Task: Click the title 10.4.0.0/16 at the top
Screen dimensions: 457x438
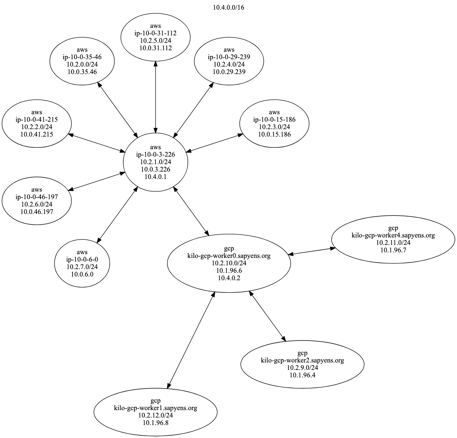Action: tap(228, 7)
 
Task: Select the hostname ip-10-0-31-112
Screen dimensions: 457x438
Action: tap(156, 33)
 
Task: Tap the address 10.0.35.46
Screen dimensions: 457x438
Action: tap(82, 71)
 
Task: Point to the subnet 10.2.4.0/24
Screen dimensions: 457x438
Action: tap(229, 64)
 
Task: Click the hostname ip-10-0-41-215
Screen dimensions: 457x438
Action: tap(36, 119)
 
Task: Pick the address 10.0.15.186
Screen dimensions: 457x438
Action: tap(274, 134)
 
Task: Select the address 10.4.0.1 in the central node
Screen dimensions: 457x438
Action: tap(156, 177)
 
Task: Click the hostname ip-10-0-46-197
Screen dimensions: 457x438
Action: tap(36, 197)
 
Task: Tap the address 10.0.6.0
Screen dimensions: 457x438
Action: tap(82, 274)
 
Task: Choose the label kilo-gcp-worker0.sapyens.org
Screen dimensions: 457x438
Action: tap(229, 256)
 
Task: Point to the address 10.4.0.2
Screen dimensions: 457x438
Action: tap(229, 278)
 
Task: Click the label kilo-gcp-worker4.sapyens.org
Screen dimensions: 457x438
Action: tap(393, 235)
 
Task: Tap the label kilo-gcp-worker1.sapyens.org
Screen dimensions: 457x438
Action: tap(156, 408)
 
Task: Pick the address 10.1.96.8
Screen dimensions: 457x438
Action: tap(156, 423)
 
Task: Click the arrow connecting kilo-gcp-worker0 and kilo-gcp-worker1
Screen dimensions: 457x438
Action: tap(191, 340)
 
